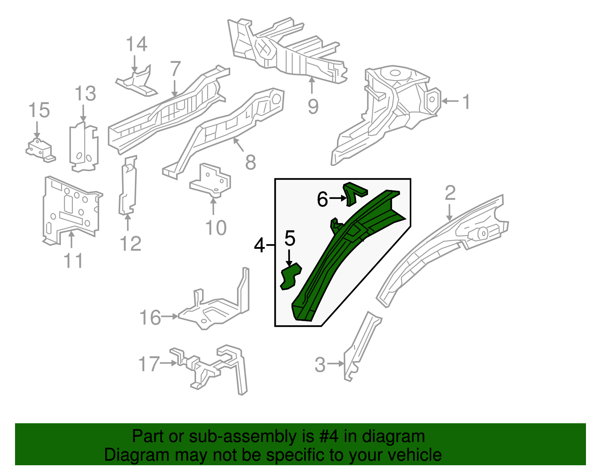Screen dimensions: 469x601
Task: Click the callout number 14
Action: (136, 44)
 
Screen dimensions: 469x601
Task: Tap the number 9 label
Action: (313, 107)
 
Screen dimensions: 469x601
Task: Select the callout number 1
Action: (466, 102)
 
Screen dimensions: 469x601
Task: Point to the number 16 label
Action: (150, 318)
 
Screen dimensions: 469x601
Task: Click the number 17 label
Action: (149, 364)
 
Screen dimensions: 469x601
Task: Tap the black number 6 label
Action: (322, 199)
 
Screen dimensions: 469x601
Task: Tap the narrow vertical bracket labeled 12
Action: (128, 186)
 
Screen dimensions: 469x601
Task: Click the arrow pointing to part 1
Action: (450, 101)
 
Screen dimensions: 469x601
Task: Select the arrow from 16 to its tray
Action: (170, 317)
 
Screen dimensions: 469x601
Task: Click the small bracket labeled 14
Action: (137, 82)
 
